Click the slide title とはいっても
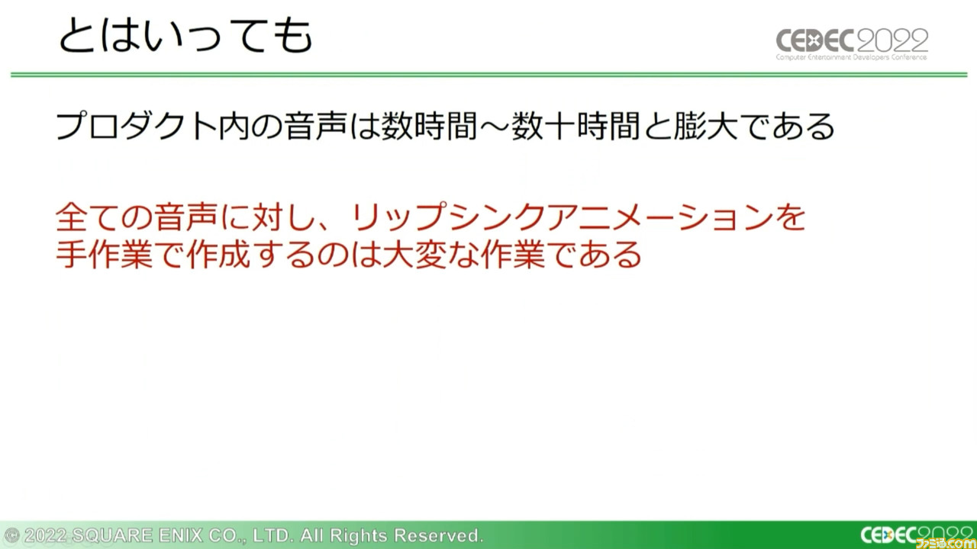pyautogui.click(x=185, y=36)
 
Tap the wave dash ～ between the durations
pyautogui.click(x=493, y=126)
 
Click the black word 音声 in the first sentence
pyautogui.click(x=316, y=126)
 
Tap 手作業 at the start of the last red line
pyautogui.click(x=105, y=254)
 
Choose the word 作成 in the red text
pyautogui.click(x=218, y=254)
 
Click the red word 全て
pyautogui.click(x=87, y=217)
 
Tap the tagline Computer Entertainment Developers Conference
pyautogui.click(x=851, y=57)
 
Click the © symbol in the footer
pyautogui.click(x=11, y=535)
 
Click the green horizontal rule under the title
pyautogui.click(x=488, y=75)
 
